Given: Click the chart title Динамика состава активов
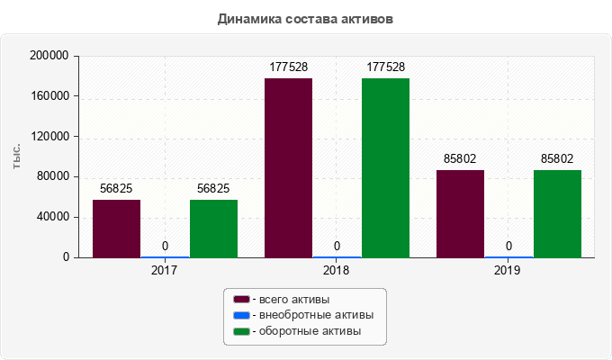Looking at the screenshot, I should [305, 19].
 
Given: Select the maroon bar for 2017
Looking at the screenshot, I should [116, 229].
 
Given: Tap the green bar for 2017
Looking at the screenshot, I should [213, 229].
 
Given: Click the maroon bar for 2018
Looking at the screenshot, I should [288, 168].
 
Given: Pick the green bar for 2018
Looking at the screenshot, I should [385, 168].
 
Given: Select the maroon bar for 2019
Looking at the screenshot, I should [460, 214].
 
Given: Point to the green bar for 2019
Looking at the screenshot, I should [557, 214].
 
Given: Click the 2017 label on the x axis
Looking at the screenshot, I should [165, 269].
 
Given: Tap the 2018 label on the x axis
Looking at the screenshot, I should [337, 269].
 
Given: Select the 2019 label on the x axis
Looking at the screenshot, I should [508, 269].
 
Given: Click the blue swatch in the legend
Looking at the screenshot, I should [241, 315].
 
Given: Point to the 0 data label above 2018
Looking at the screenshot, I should [337, 246].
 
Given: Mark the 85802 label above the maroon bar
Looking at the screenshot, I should [460, 158].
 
